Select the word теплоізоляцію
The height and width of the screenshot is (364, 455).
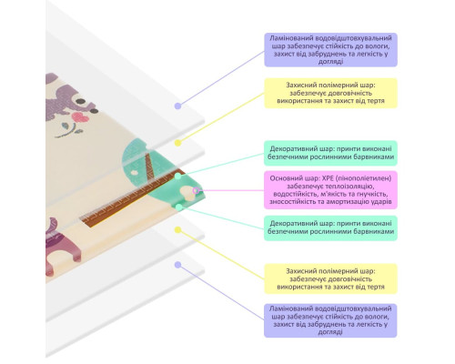point(355,186)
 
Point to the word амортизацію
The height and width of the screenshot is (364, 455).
point(345,201)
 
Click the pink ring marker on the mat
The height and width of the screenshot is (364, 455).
point(197,190)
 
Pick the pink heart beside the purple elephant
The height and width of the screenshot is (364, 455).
point(80,117)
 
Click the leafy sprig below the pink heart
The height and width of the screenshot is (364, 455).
point(68,130)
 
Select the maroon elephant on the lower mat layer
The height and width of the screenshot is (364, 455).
point(61,246)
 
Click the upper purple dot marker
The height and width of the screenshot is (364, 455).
point(178,106)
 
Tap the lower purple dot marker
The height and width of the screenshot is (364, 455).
point(178,265)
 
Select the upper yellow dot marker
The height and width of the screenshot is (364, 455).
point(178,143)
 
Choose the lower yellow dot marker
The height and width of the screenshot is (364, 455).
point(178,230)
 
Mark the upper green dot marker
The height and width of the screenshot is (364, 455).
point(178,177)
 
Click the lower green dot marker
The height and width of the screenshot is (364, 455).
point(179,207)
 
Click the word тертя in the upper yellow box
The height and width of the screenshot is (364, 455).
point(376,101)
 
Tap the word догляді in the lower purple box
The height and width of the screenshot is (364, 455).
point(330,332)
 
